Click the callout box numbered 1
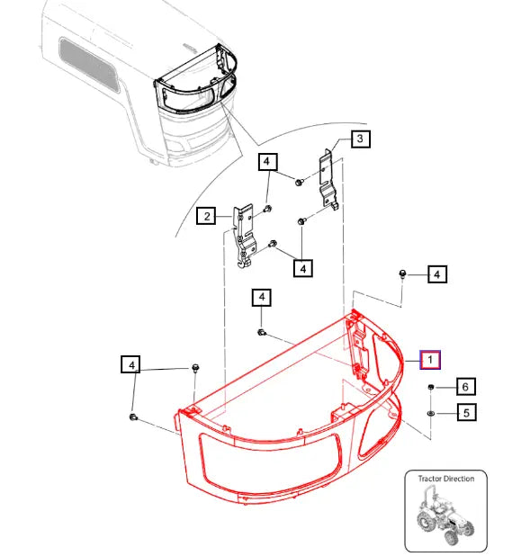(x=430, y=360)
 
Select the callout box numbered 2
(x=206, y=216)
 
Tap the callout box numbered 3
(x=359, y=139)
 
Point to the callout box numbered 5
(x=465, y=413)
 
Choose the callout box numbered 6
(x=465, y=387)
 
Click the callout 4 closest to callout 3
(x=267, y=162)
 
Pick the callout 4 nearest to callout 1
(x=436, y=274)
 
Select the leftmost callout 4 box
(x=131, y=364)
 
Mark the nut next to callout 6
(x=431, y=387)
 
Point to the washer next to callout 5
(x=431, y=412)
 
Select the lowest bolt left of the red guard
(x=133, y=417)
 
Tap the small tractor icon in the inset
(x=445, y=516)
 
